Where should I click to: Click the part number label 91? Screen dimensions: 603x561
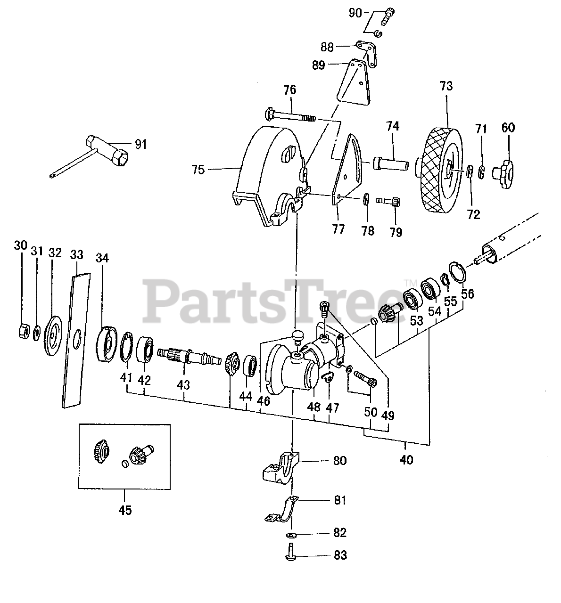click(140, 144)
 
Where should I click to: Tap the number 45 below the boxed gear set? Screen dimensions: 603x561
click(124, 510)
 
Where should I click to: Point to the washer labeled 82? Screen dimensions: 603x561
click(291, 534)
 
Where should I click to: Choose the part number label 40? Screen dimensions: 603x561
click(406, 459)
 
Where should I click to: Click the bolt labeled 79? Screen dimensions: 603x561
click(390, 202)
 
